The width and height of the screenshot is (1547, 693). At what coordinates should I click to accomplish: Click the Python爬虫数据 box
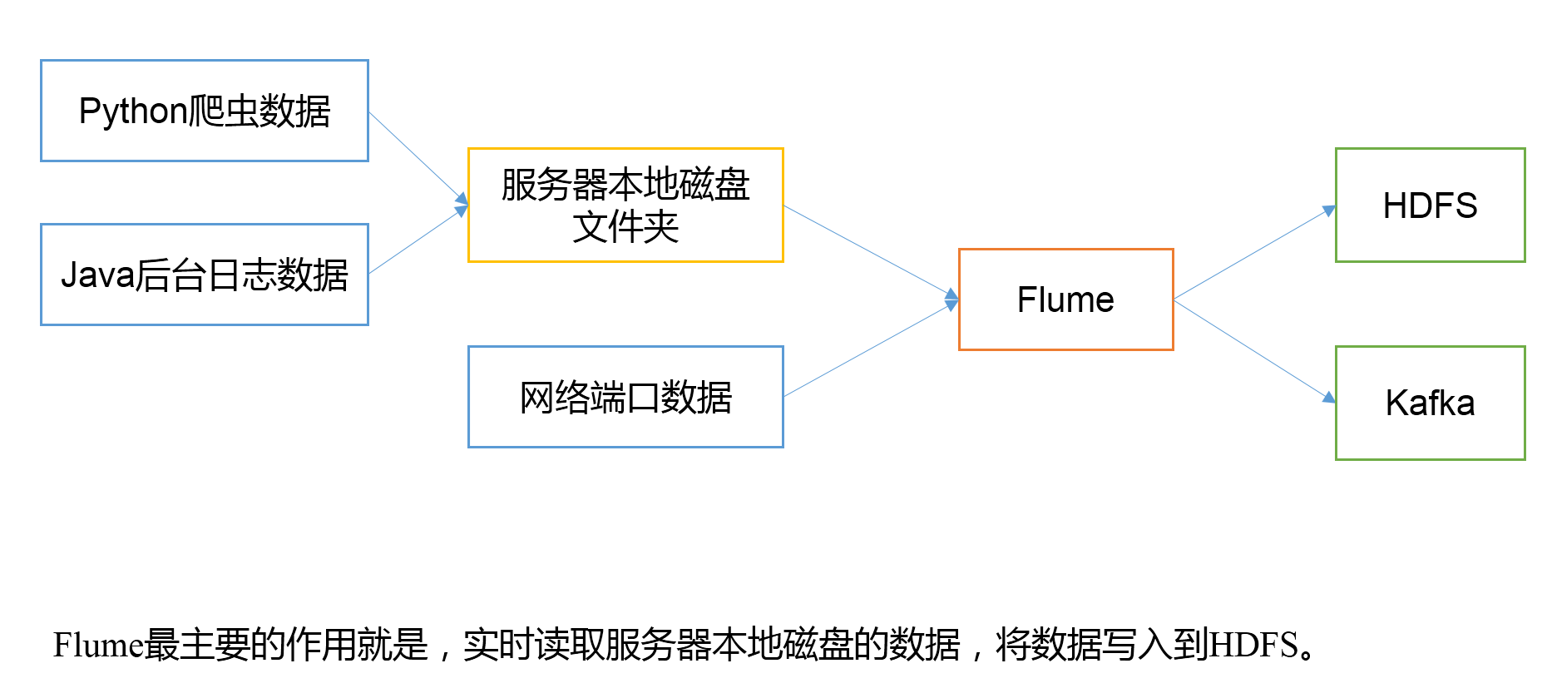[205, 111]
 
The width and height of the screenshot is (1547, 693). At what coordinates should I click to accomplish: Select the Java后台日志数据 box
[205, 275]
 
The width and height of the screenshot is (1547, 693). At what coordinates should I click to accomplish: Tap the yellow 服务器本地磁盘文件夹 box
[625, 205]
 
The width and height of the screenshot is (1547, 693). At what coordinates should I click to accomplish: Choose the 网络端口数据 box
[625, 397]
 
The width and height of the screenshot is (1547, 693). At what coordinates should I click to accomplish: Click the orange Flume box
[1065, 299]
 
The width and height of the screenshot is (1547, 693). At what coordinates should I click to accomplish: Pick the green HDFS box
[1430, 205]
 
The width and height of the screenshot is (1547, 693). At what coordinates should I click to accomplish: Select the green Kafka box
[1430, 403]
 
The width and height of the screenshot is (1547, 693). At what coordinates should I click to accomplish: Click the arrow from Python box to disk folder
[416, 156]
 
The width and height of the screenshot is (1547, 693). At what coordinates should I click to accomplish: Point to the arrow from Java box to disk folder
[416, 241]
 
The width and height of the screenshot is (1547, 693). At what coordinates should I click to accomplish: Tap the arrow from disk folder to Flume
[869, 251]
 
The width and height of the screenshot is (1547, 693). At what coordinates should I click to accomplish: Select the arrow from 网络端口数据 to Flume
[869, 349]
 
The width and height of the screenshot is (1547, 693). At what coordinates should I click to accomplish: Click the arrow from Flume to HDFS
[1252, 254]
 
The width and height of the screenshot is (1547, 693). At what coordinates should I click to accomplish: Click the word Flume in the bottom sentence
[98, 645]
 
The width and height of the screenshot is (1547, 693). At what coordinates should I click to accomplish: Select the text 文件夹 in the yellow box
[625, 226]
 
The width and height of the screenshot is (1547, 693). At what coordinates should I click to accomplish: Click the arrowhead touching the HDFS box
[1329, 210]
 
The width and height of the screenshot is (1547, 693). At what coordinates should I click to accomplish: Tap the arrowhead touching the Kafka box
[1329, 398]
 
